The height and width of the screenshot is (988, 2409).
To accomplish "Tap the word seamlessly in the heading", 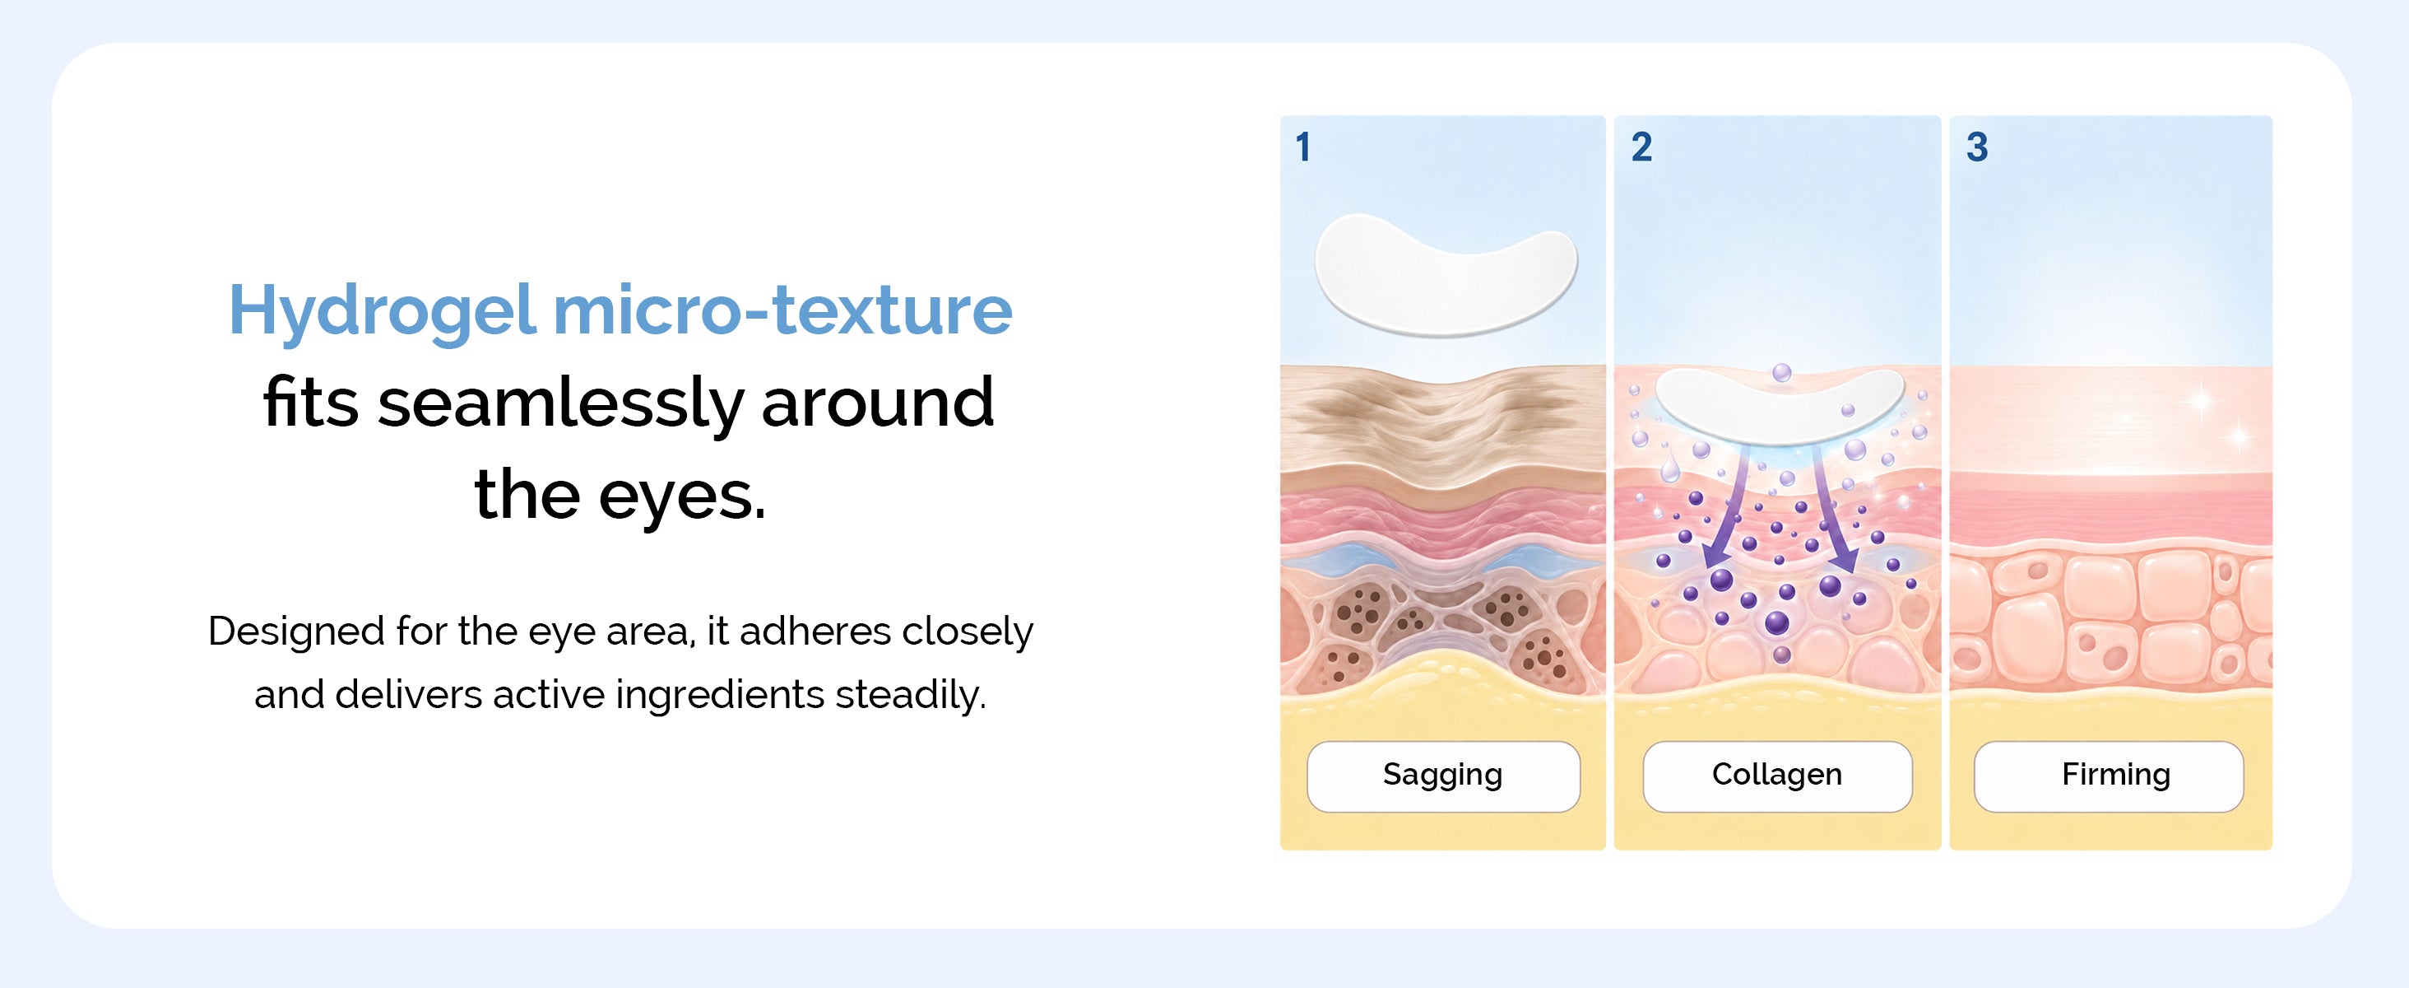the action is (x=560, y=404).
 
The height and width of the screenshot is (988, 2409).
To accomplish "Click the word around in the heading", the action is (x=878, y=403).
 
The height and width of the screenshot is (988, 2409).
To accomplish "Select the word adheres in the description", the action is (x=815, y=631).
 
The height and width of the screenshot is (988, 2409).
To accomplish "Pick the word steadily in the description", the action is (x=910, y=695).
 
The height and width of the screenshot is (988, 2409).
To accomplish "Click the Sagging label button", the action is (x=1443, y=776).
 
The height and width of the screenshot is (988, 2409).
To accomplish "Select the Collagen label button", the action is (x=1777, y=776).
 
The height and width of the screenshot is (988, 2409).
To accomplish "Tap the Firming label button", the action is (x=2109, y=776).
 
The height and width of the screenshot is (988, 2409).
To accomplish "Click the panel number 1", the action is (x=1303, y=147).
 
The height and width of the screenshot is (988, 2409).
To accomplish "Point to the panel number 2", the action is (x=1641, y=147).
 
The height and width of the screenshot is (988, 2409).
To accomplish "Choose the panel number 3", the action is (x=1977, y=147).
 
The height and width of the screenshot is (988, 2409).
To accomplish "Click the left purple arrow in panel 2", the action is (x=1729, y=506).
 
